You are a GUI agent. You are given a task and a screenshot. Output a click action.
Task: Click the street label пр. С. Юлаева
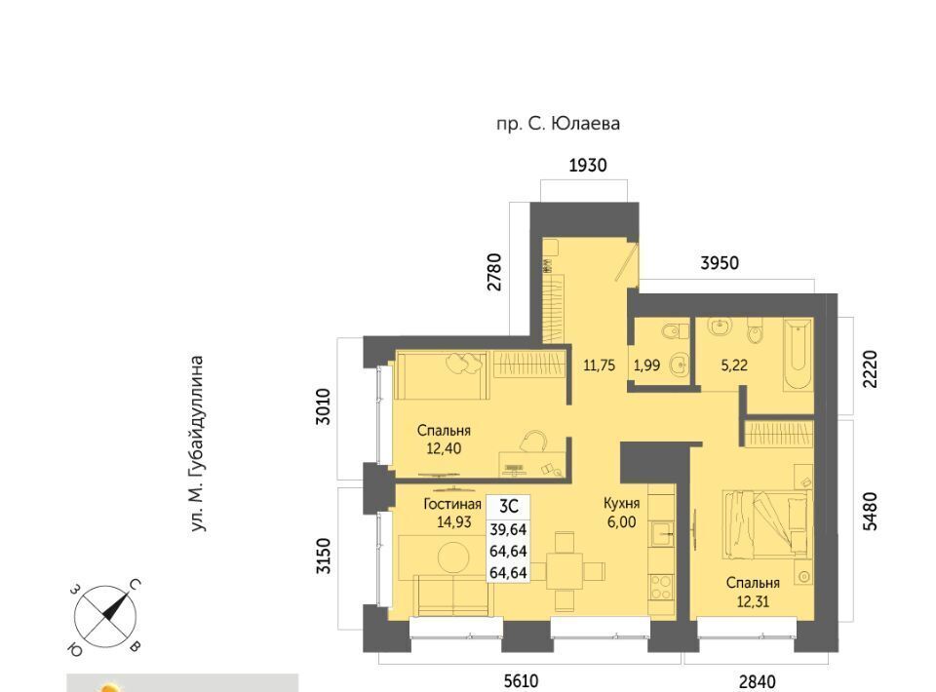558,124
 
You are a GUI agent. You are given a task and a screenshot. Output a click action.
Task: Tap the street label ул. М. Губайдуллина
198,443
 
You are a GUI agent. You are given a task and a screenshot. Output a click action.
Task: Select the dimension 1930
588,165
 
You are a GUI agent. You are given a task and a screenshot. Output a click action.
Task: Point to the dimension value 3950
720,262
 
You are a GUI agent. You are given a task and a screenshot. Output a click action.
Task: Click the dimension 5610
521,680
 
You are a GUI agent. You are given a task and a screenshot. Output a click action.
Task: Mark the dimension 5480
871,511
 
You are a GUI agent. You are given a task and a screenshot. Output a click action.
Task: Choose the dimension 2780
494,272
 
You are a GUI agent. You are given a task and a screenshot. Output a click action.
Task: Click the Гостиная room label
452,504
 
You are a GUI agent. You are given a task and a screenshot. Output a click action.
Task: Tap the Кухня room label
621,504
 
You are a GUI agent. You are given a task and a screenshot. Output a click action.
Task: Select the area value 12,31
753,601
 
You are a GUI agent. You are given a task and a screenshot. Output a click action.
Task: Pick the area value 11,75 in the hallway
599,365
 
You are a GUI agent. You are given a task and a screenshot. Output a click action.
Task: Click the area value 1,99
646,365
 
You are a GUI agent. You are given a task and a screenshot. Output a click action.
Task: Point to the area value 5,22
734,365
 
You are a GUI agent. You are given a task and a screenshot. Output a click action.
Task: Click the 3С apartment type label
508,507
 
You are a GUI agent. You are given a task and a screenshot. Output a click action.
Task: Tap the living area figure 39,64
508,529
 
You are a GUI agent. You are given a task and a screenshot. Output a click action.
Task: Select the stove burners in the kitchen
661,587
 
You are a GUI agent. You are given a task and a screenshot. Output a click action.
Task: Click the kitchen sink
661,533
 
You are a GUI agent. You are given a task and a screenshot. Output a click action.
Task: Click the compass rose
105,616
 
